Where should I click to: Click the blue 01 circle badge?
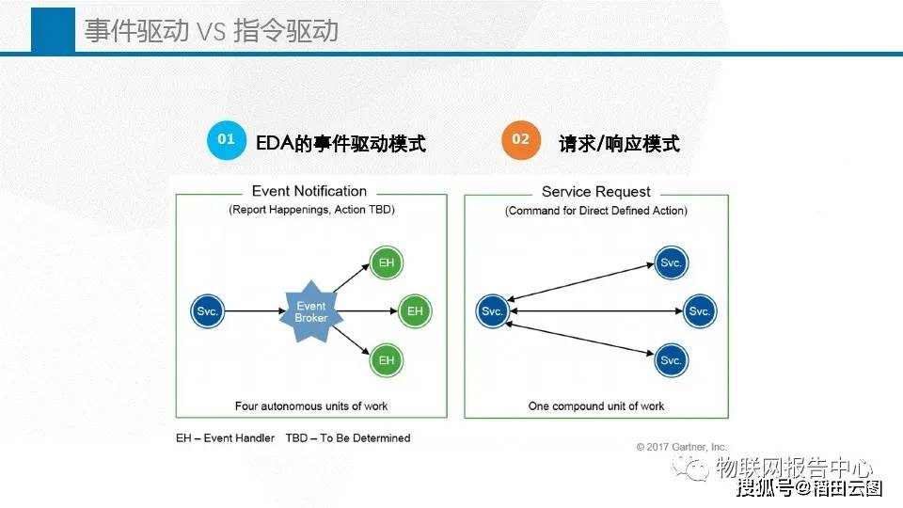coord(226,139)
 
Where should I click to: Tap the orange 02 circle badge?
coord(520,139)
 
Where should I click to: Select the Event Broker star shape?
coord(310,311)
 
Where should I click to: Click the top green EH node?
coord(387,262)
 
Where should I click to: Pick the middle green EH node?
coord(416,311)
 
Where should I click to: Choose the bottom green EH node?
coord(387,359)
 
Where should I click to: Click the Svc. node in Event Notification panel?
coord(207,311)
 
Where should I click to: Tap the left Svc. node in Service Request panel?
coord(493,311)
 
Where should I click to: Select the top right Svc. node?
coord(671,262)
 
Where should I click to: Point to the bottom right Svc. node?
coord(671,360)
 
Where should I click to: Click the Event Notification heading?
coord(310,192)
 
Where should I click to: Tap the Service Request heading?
coord(596,192)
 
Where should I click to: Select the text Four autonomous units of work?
coord(311,406)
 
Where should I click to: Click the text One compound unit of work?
coord(596,406)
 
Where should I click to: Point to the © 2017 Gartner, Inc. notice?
coord(681,447)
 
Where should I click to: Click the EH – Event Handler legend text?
coord(225,438)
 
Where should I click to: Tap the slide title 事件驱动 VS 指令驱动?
coord(211,31)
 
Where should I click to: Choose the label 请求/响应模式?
coord(618,144)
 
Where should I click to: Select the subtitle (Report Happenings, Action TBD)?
coord(311,211)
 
